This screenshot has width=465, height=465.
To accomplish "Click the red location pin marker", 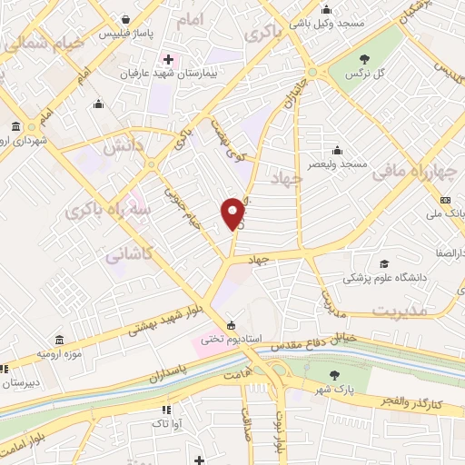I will click(233, 214).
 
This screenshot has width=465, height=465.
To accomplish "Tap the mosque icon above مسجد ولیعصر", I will click(338, 150).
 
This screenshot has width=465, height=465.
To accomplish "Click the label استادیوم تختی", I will click(231, 339).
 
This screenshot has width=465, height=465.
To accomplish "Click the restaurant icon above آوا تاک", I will click(164, 410).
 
